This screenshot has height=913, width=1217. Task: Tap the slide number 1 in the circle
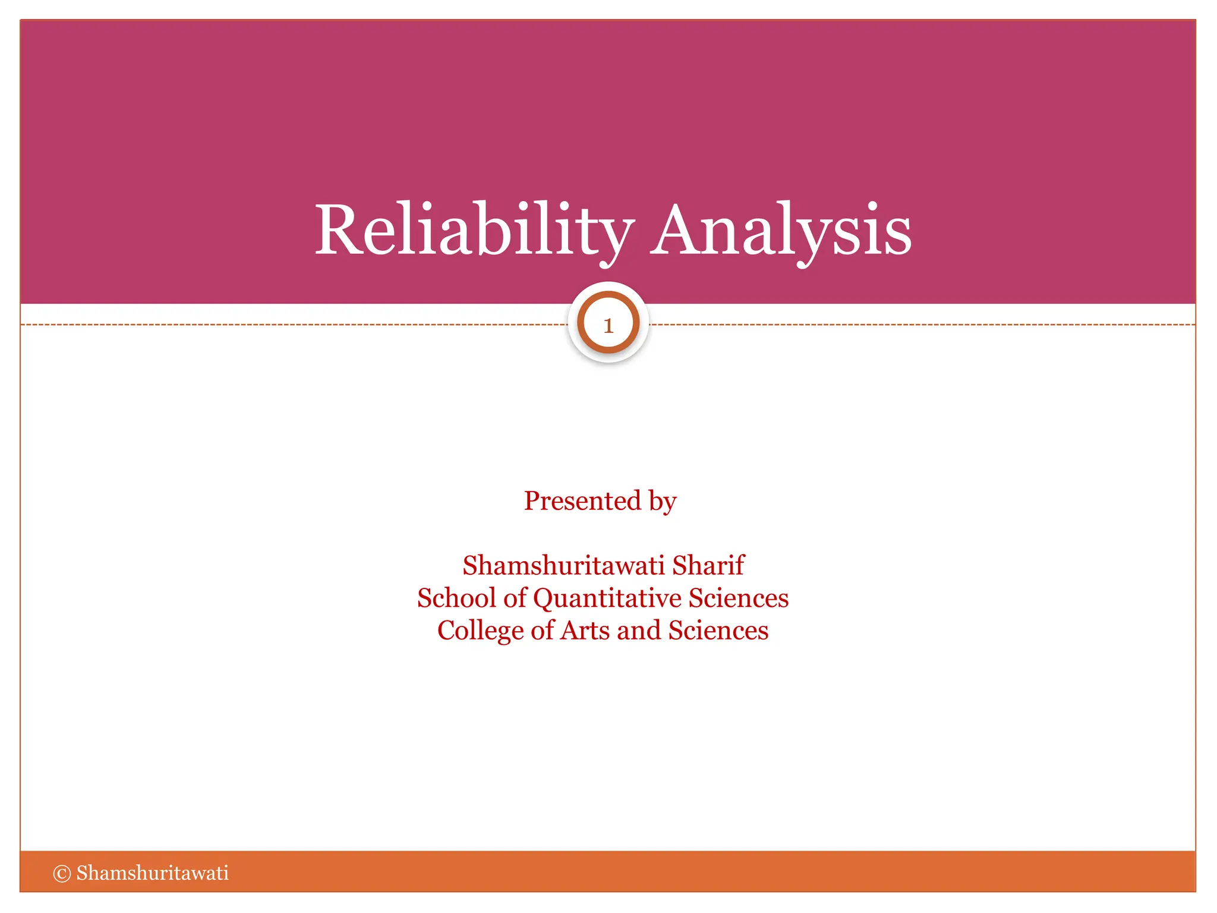click(x=608, y=325)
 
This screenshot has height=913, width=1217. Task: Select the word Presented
click(x=582, y=500)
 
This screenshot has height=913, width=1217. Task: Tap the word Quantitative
click(x=607, y=599)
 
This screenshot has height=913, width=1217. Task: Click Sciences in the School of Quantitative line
click(x=738, y=598)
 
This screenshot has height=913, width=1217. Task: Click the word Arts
click(x=585, y=631)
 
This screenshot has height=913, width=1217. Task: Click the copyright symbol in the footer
click(x=62, y=873)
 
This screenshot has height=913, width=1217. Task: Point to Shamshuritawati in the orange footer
click(x=152, y=873)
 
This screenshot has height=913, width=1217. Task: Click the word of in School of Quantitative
click(x=515, y=598)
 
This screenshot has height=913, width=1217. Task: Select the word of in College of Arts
click(x=542, y=631)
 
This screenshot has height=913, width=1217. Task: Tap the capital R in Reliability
click(x=337, y=231)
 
